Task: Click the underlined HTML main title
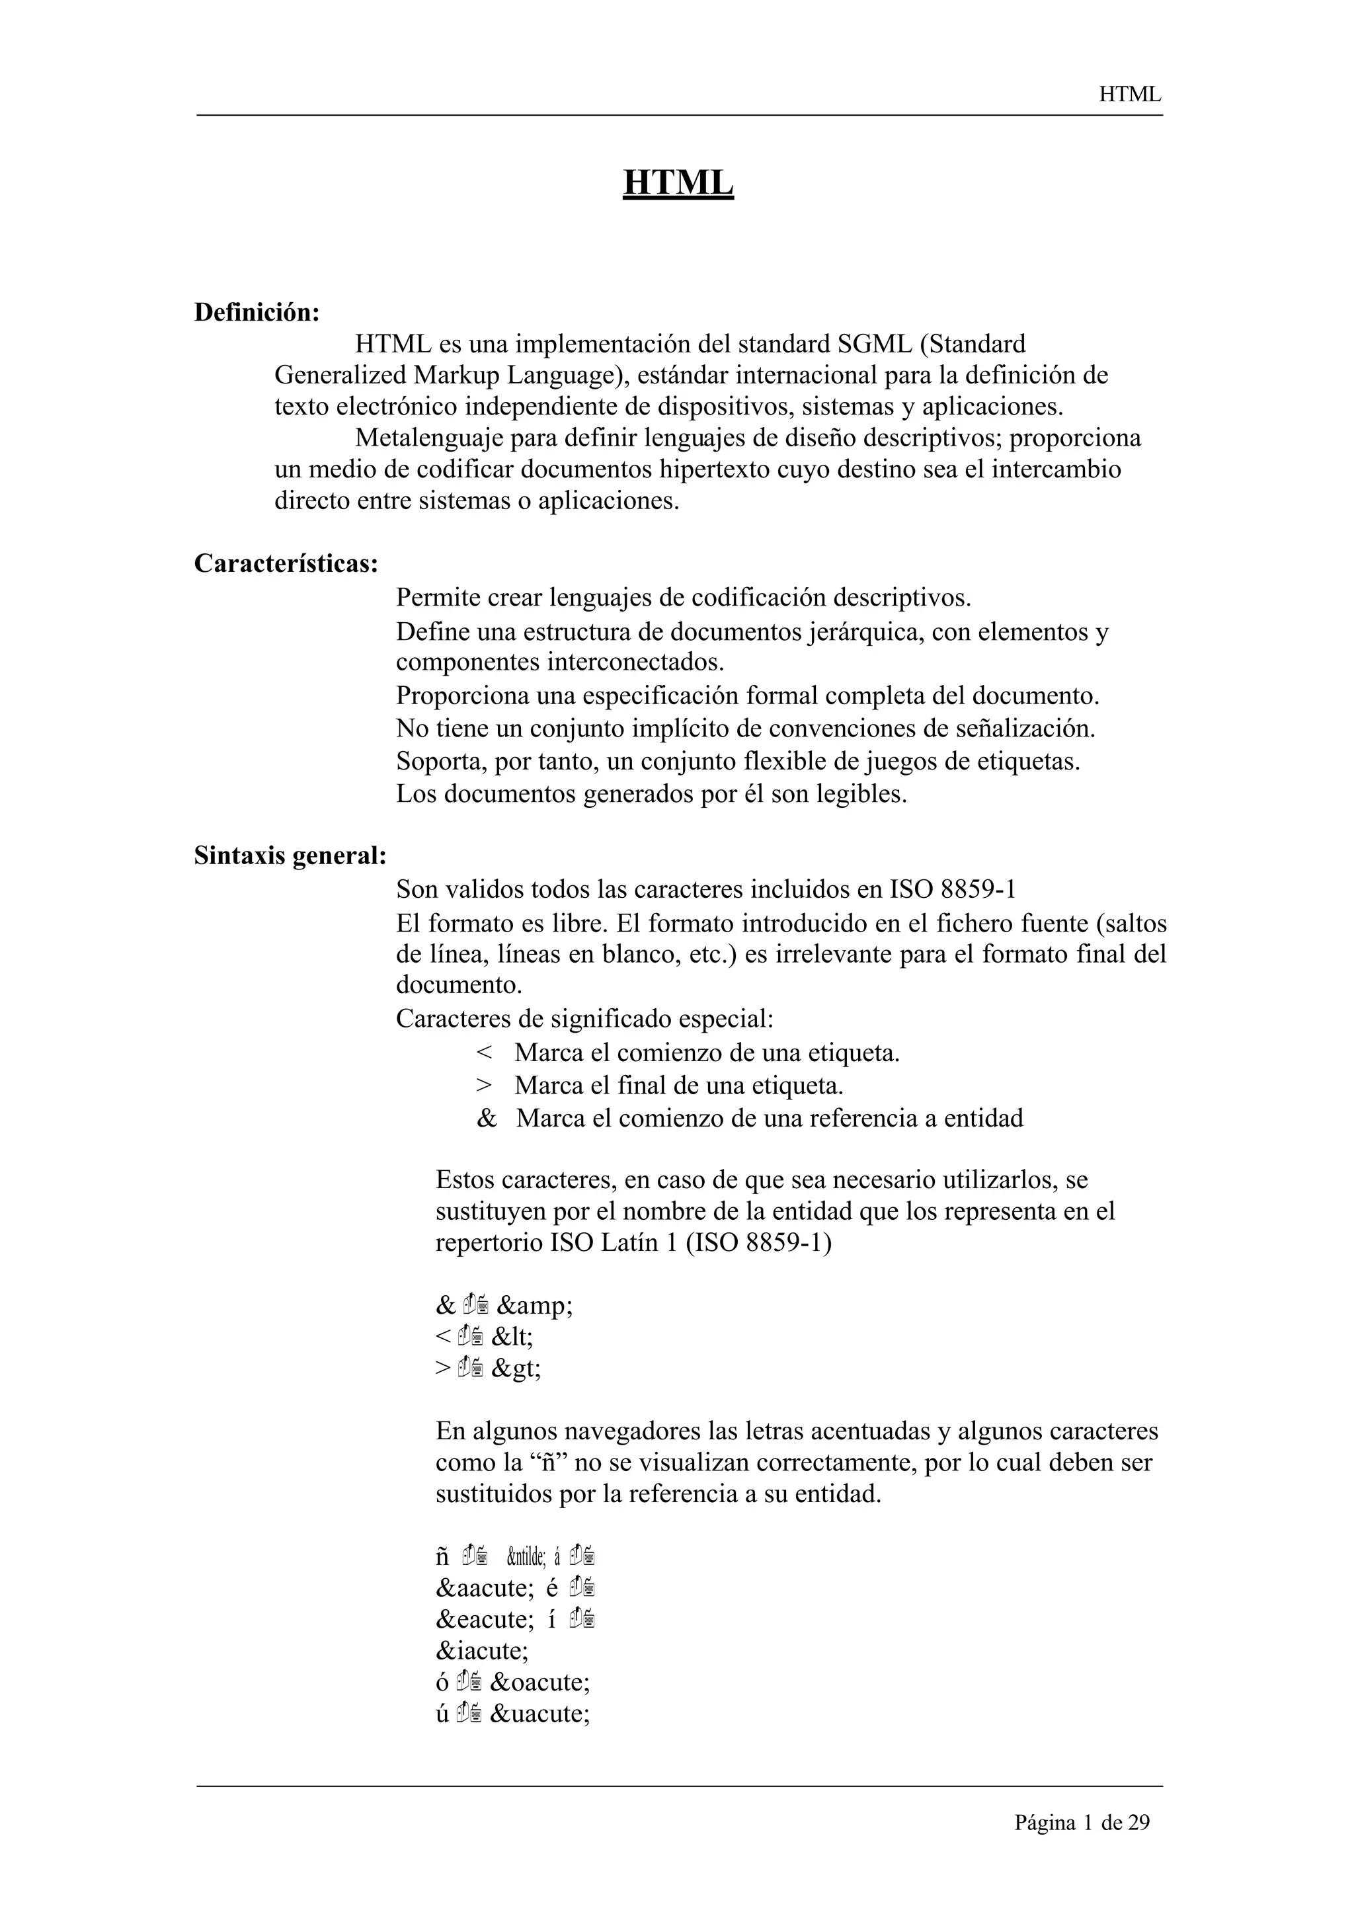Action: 678,182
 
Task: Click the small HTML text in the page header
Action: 1130,95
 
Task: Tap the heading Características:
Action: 286,564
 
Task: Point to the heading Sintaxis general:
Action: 290,856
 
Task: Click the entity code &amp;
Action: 534,1305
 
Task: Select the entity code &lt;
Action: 512,1337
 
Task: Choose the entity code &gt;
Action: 516,1369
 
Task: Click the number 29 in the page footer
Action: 1138,1823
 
